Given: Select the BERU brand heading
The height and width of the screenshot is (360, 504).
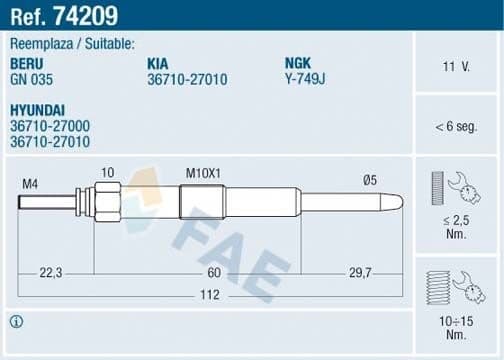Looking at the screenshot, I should (28, 62).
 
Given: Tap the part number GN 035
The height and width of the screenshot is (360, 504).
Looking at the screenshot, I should (33, 77).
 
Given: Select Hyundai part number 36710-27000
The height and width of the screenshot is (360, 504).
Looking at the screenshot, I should (50, 125).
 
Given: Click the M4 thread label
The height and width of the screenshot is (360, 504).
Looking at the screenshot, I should (30, 183).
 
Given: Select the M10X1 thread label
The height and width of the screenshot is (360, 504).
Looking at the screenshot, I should (203, 173).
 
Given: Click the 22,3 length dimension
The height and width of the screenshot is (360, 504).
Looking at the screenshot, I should (51, 272).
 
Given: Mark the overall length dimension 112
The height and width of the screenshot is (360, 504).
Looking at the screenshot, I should (207, 295).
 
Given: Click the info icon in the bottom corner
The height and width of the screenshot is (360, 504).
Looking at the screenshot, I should (16, 322).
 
